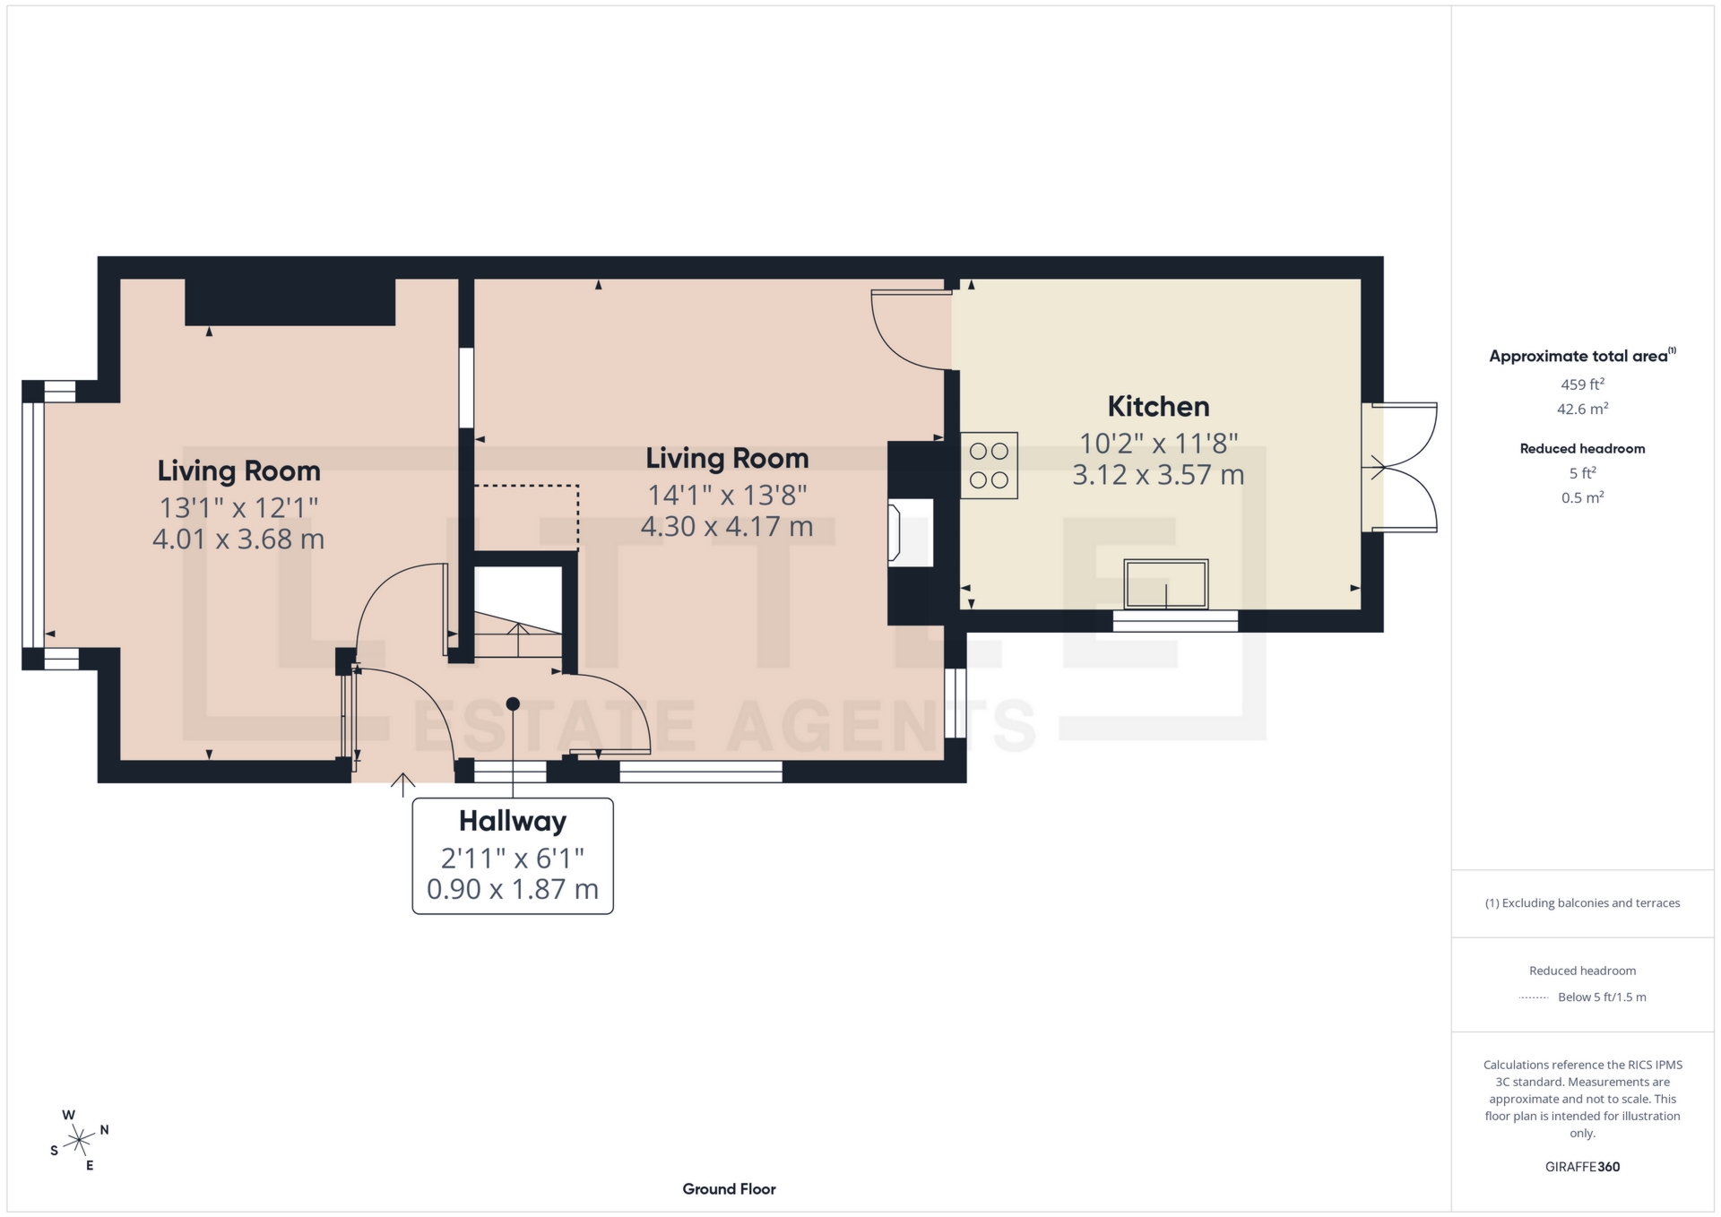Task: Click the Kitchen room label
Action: pos(1158,406)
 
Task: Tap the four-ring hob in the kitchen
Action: pos(989,465)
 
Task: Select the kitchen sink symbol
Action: pos(1165,584)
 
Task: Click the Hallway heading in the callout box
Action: pos(512,821)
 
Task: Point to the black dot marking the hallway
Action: pos(513,704)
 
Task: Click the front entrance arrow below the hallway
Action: pos(402,785)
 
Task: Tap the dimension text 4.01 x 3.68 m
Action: pos(238,539)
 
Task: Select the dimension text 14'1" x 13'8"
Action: pos(727,495)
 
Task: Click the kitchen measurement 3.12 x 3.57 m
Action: pos(1158,475)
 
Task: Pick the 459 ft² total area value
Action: pos(1582,384)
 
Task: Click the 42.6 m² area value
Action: pos(1582,410)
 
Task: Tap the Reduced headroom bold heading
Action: pos(1582,449)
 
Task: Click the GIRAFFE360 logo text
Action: pos(1582,1167)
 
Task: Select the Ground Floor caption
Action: pos(729,1189)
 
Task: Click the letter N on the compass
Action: pos(105,1130)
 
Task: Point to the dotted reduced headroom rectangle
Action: pos(527,517)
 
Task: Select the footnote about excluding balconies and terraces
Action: pos(1582,903)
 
